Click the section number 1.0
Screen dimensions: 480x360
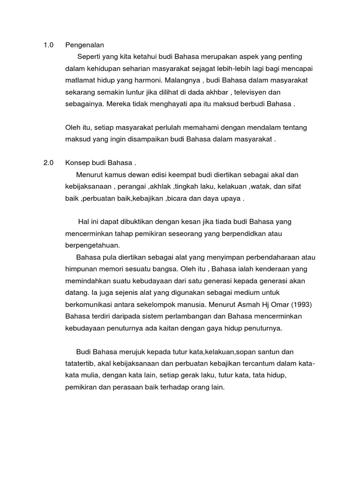tap(48, 45)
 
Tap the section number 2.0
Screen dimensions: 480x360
tap(48, 163)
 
